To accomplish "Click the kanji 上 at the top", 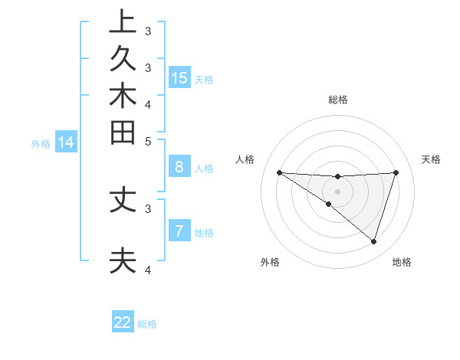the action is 122,22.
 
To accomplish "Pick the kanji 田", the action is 122,133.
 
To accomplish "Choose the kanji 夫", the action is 122,260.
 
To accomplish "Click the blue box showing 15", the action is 179,77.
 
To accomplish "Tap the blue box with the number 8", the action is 179,167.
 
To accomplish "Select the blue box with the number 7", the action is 179,231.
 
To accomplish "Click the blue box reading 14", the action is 66,142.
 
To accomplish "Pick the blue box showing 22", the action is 123,322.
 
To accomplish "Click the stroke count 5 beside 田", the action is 148,141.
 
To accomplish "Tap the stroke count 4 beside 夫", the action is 148,270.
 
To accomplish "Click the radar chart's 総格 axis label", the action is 338,100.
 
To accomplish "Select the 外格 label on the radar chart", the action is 269,262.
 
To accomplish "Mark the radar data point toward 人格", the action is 279,172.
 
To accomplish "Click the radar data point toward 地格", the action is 373,241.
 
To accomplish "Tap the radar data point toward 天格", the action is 396,172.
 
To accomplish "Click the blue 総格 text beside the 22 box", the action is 147,324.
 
